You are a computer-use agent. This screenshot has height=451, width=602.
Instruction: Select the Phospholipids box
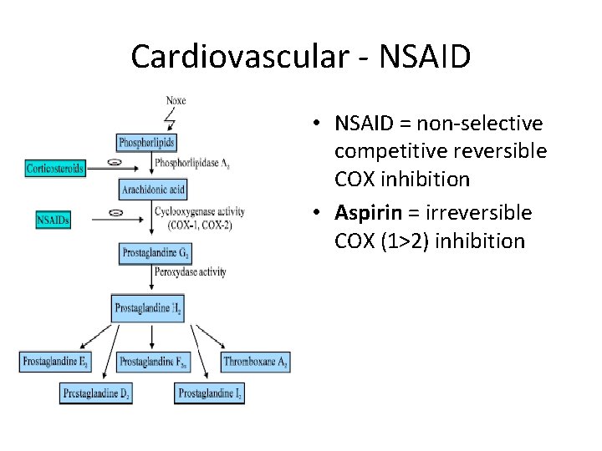click(147, 143)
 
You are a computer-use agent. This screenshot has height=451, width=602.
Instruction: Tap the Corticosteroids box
click(55, 168)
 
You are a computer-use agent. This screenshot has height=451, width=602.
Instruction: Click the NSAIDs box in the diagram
click(54, 220)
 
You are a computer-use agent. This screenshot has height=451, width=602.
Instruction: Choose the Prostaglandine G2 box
click(154, 251)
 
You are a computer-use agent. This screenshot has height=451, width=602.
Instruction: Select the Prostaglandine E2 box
click(54, 362)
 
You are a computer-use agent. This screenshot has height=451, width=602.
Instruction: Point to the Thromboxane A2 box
click(256, 362)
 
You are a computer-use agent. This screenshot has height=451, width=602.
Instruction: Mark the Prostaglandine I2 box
click(211, 393)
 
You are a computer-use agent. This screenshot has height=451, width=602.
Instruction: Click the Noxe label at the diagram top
click(176, 101)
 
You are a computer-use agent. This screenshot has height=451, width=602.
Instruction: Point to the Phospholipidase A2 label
click(191, 163)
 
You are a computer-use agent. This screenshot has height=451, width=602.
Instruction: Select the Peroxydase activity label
click(190, 272)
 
